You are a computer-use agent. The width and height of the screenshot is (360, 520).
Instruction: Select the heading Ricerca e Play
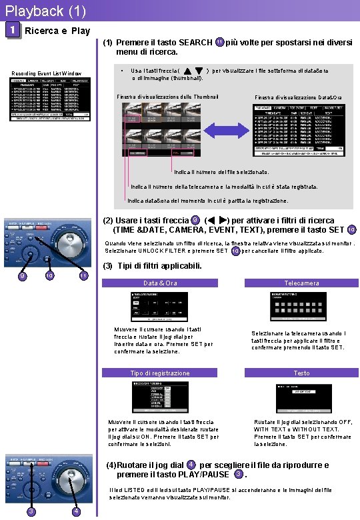point(57,31)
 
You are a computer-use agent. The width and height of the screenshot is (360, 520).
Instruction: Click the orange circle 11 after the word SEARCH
point(220,43)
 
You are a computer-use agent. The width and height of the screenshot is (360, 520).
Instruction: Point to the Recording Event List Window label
point(47,73)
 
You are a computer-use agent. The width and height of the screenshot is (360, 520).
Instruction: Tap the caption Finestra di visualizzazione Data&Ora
point(298,98)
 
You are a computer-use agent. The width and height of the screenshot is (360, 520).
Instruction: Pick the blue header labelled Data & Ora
point(160,283)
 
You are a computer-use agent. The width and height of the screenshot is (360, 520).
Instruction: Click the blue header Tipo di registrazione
point(160,373)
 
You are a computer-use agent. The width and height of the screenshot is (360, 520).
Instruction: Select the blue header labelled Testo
point(301,373)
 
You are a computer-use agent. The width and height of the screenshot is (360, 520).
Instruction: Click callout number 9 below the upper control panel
point(22,275)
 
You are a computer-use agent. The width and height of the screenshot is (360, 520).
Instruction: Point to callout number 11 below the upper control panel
point(83,275)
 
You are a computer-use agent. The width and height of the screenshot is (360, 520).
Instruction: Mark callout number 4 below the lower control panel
point(77,511)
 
